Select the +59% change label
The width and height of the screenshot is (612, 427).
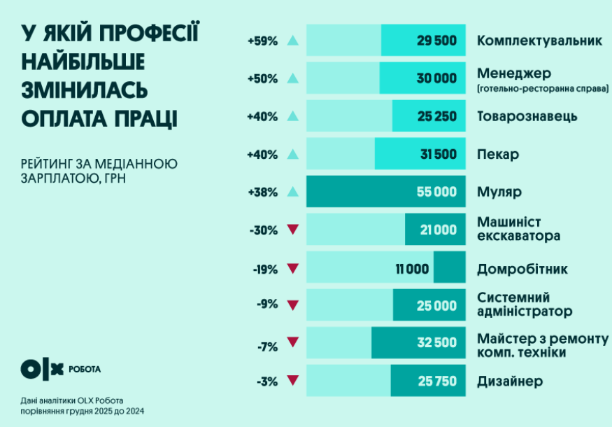tap(262, 41)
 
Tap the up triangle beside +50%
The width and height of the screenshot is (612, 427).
tap(293, 78)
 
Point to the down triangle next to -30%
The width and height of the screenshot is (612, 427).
tap(293, 230)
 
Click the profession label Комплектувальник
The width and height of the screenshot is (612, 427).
tap(539, 41)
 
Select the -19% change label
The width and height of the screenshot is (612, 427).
tap(263, 268)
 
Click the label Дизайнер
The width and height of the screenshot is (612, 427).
tap(510, 381)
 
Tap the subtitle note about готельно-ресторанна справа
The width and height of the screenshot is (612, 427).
tap(542, 89)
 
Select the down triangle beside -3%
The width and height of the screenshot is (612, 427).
tap(293, 381)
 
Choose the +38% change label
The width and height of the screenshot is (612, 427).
tap(262, 192)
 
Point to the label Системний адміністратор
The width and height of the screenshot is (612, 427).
tap(524, 304)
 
